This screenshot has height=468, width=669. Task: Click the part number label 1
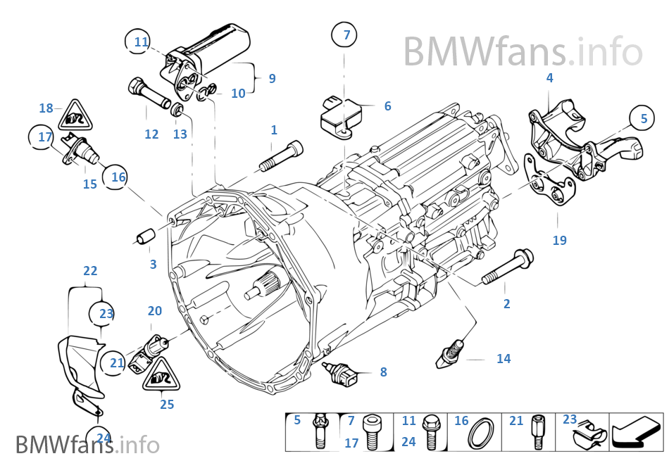click(x=274, y=130)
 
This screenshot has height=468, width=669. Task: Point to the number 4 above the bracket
click(x=549, y=78)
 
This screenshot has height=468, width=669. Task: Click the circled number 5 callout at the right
click(x=643, y=119)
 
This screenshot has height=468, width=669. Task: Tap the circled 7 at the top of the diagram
click(x=346, y=34)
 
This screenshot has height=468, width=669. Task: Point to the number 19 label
click(x=559, y=240)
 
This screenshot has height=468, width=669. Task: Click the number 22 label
click(x=90, y=271)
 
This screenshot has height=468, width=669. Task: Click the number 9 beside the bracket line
click(x=272, y=79)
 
